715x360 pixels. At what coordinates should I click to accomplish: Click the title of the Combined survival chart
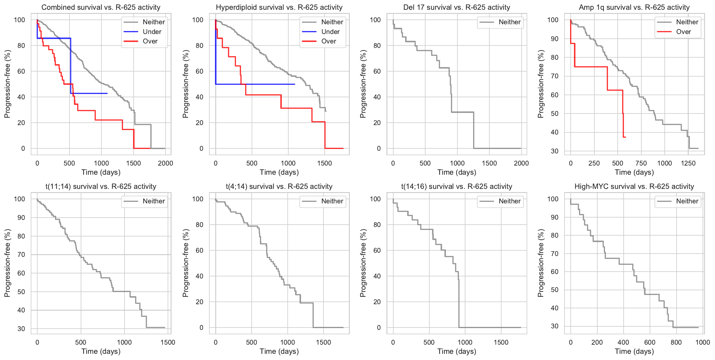click(101, 7)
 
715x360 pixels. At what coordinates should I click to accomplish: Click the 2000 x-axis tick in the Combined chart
click(165, 163)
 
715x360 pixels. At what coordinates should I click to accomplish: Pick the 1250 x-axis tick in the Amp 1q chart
click(688, 163)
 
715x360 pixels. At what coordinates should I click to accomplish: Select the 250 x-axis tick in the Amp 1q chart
click(594, 163)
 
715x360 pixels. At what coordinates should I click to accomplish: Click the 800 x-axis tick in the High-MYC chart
click(676, 342)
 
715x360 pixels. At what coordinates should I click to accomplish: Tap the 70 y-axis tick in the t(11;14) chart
click(21, 254)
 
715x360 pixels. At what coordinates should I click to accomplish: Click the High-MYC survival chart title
click(634, 186)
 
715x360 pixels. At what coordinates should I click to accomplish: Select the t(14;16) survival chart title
click(457, 186)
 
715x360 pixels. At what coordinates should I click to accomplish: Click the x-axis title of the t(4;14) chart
click(279, 351)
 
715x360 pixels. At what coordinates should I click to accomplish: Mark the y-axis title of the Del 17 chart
click(363, 84)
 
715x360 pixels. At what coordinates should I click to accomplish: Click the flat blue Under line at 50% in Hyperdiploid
click(254, 84)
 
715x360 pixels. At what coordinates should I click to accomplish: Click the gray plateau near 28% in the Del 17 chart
click(462, 112)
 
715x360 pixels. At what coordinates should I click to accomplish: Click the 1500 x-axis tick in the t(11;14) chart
click(168, 342)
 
